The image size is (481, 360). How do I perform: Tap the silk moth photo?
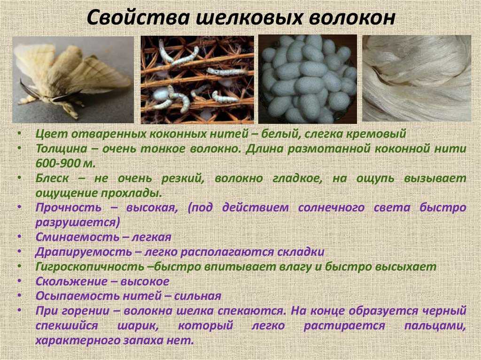(x=73, y=79)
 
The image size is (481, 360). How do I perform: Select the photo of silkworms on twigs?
(x=197, y=79)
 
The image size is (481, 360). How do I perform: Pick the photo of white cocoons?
(x=308, y=79)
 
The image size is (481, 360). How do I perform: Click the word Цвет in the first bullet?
(x=49, y=134)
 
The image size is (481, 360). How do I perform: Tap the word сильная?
(x=198, y=296)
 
